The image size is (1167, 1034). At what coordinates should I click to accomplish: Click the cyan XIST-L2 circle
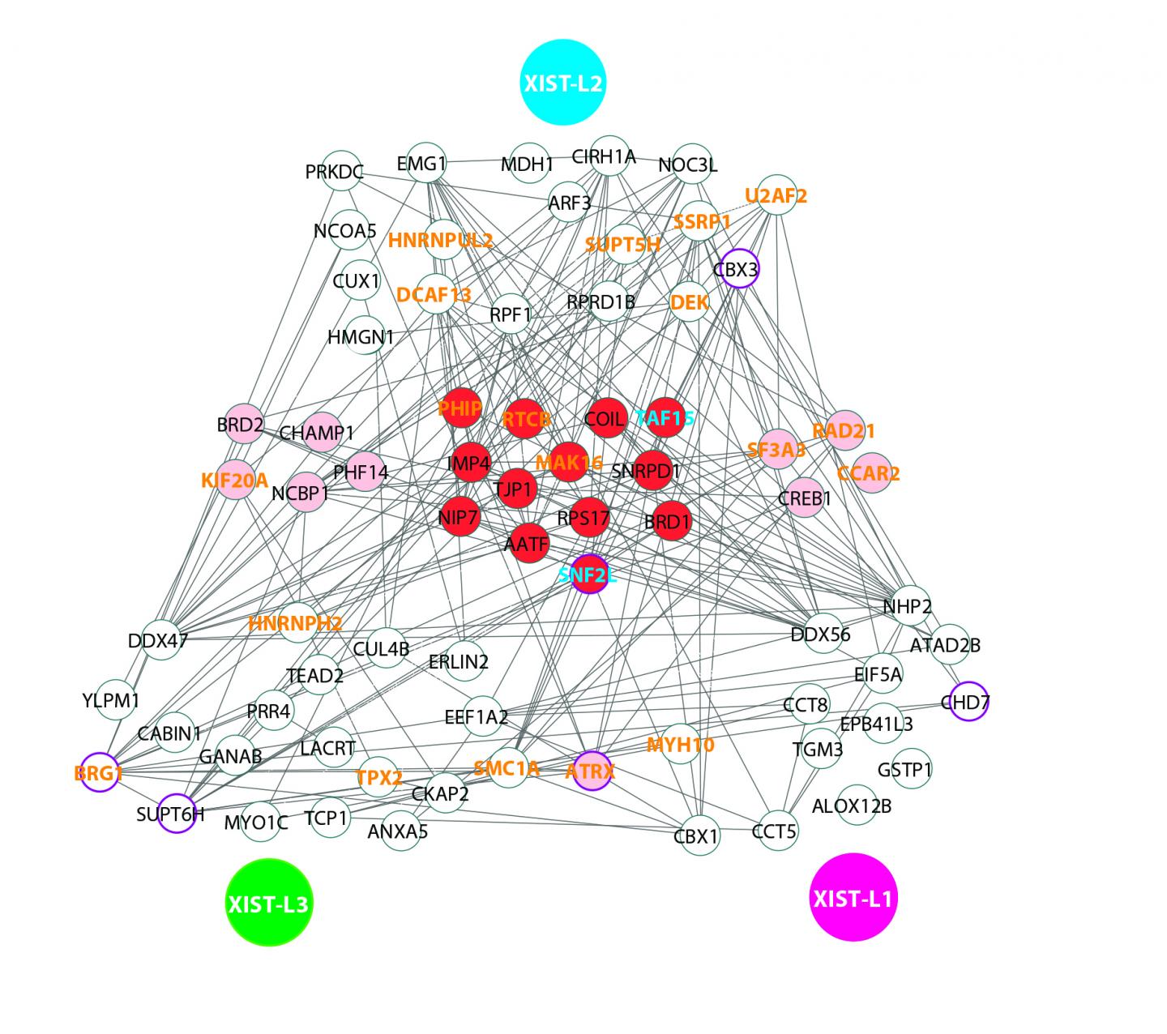pos(562,83)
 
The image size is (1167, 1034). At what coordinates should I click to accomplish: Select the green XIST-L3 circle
pos(268,903)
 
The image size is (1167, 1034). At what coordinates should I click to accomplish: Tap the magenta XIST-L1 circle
pos(853,897)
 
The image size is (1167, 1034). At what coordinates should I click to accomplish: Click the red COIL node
pos(607,418)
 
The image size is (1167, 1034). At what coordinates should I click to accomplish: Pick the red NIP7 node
pos(460,516)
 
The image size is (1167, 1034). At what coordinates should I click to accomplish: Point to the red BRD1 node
pos(667,523)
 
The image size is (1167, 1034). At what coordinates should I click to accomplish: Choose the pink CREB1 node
pos(804,498)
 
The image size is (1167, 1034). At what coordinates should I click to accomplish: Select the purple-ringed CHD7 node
pos(966,702)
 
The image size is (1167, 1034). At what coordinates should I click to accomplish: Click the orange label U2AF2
pos(776,195)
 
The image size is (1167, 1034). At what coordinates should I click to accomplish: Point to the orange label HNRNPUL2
pos(440,241)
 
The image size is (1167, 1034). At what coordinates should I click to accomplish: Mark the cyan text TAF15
pos(665,418)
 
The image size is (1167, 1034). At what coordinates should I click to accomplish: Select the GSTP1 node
pos(905,769)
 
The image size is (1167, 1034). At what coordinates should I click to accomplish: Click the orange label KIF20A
pos(234,481)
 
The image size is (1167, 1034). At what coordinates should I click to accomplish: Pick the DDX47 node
pos(160,640)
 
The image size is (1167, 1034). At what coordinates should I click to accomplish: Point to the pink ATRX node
pos(591,771)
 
